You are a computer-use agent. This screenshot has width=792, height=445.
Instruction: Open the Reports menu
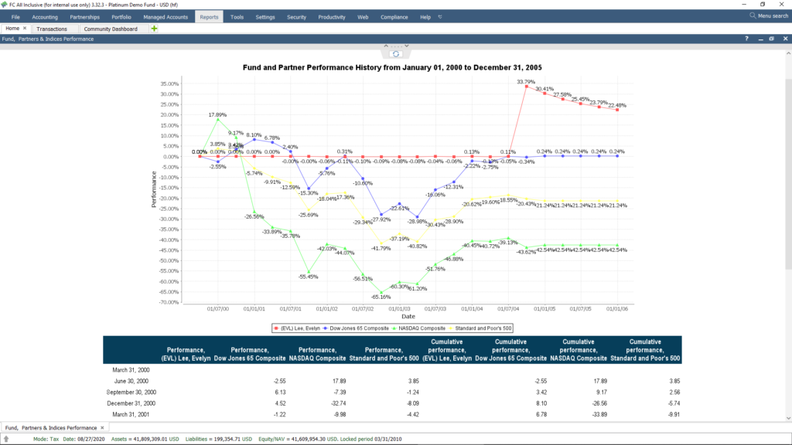208,16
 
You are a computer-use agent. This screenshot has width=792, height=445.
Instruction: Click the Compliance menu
394,16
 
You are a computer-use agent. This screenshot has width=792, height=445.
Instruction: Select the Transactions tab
52,29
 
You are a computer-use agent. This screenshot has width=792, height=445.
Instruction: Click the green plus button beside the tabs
154,29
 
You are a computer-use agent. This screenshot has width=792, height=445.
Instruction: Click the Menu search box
769,15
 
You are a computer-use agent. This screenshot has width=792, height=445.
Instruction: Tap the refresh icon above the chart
396,53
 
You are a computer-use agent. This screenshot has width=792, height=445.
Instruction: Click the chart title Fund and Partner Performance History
393,68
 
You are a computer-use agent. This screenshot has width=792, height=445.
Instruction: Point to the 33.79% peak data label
526,81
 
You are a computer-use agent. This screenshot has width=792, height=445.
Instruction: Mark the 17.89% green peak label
217,114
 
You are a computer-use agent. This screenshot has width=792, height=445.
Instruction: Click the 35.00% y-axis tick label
169,83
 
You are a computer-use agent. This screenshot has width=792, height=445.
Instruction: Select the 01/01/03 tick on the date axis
399,309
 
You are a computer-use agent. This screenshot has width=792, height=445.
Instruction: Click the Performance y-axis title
154,189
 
